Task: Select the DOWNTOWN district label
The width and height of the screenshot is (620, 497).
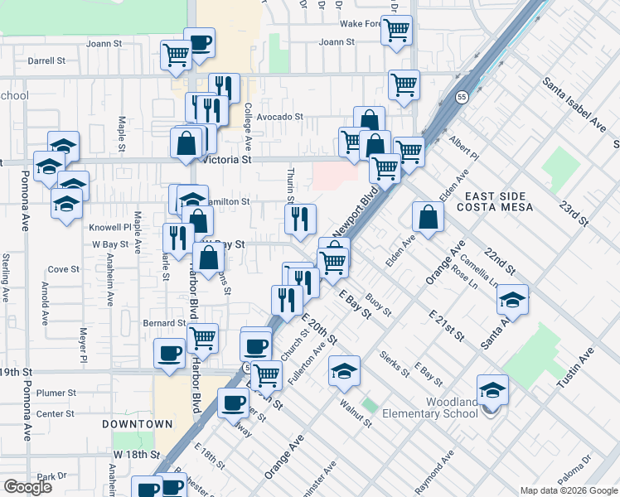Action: tap(138, 424)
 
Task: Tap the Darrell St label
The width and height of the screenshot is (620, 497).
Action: tap(46, 60)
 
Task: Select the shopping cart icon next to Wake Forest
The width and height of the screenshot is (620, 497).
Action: tap(396, 30)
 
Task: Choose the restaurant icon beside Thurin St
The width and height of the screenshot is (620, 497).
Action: tap(300, 219)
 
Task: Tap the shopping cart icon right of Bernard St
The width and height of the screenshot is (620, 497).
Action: tap(202, 338)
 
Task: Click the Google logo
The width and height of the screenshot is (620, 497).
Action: tap(27, 487)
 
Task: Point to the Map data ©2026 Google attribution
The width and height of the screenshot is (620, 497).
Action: tap(568, 490)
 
